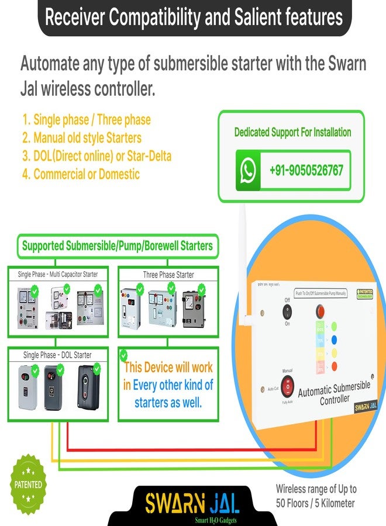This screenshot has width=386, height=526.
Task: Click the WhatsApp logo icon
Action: point(248,171)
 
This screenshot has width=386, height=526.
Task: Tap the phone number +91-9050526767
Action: point(306,171)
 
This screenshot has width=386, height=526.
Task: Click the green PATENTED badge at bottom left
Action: point(28,484)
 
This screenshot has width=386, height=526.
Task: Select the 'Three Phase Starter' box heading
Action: point(168,274)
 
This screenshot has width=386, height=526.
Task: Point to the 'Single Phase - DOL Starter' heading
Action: point(57,355)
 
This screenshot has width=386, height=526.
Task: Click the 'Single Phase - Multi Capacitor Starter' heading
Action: point(57,274)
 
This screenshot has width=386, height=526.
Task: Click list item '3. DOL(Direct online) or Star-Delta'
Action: point(97,157)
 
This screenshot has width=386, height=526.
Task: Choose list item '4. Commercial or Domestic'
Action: point(81,174)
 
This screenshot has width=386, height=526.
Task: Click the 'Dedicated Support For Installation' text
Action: point(292,132)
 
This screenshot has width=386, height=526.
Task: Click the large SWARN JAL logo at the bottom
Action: point(194,502)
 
